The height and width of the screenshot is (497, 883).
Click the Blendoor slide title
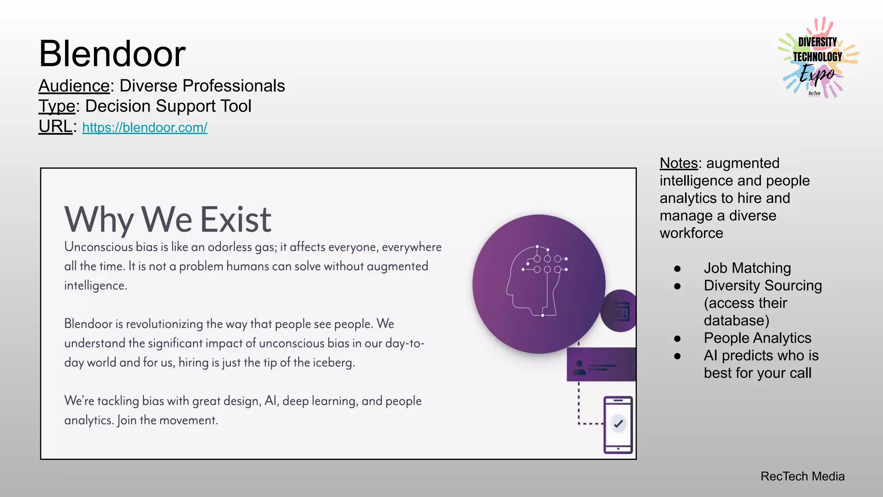112,54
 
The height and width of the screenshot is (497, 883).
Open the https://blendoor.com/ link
144,128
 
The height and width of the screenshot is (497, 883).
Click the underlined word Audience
74,86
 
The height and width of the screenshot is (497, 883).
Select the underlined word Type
57,106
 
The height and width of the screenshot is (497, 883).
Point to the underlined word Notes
679,163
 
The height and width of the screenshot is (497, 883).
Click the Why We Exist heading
168,219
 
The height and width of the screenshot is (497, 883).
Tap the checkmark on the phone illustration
618,423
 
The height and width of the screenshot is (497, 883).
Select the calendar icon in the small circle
622,311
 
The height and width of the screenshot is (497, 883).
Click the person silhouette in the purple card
579,367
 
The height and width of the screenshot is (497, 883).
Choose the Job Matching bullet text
747,268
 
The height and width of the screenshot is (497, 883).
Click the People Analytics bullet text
758,338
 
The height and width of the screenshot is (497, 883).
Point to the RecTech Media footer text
802,476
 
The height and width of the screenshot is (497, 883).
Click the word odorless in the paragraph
229,247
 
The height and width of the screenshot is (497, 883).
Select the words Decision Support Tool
168,106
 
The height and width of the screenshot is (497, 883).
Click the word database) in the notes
736,321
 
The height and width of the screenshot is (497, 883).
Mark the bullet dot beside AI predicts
677,356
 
